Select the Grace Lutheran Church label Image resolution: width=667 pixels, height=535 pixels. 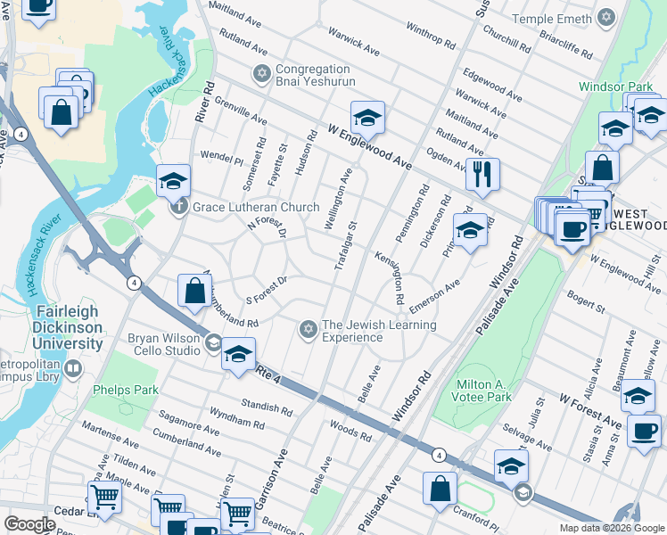(x=253, y=208)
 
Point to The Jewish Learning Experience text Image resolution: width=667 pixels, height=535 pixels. (x=379, y=331)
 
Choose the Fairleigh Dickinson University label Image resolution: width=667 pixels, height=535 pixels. (x=69, y=327)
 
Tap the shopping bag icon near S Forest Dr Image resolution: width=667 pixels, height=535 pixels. (x=194, y=291)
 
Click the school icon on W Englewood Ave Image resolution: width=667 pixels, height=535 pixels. (x=366, y=118)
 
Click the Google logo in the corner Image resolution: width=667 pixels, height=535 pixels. (x=29, y=524)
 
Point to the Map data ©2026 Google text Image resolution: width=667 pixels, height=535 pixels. (x=611, y=528)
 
